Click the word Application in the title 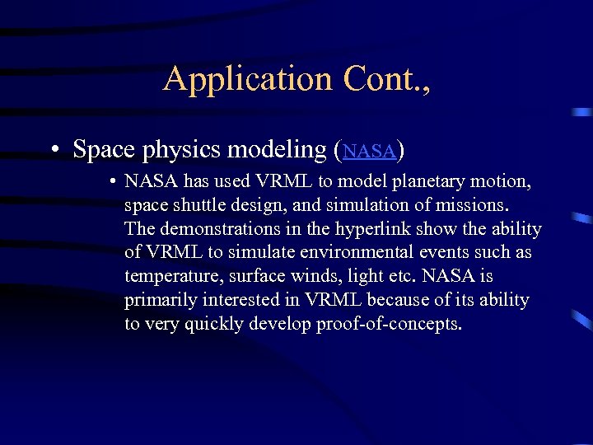pyautogui.click(x=235, y=79)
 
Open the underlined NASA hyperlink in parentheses pyautogui.click(x=370, y=152)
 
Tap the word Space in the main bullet pyautogui.click(x=105, y=150)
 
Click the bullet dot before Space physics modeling pyautogui.click(x=52, y=151)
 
